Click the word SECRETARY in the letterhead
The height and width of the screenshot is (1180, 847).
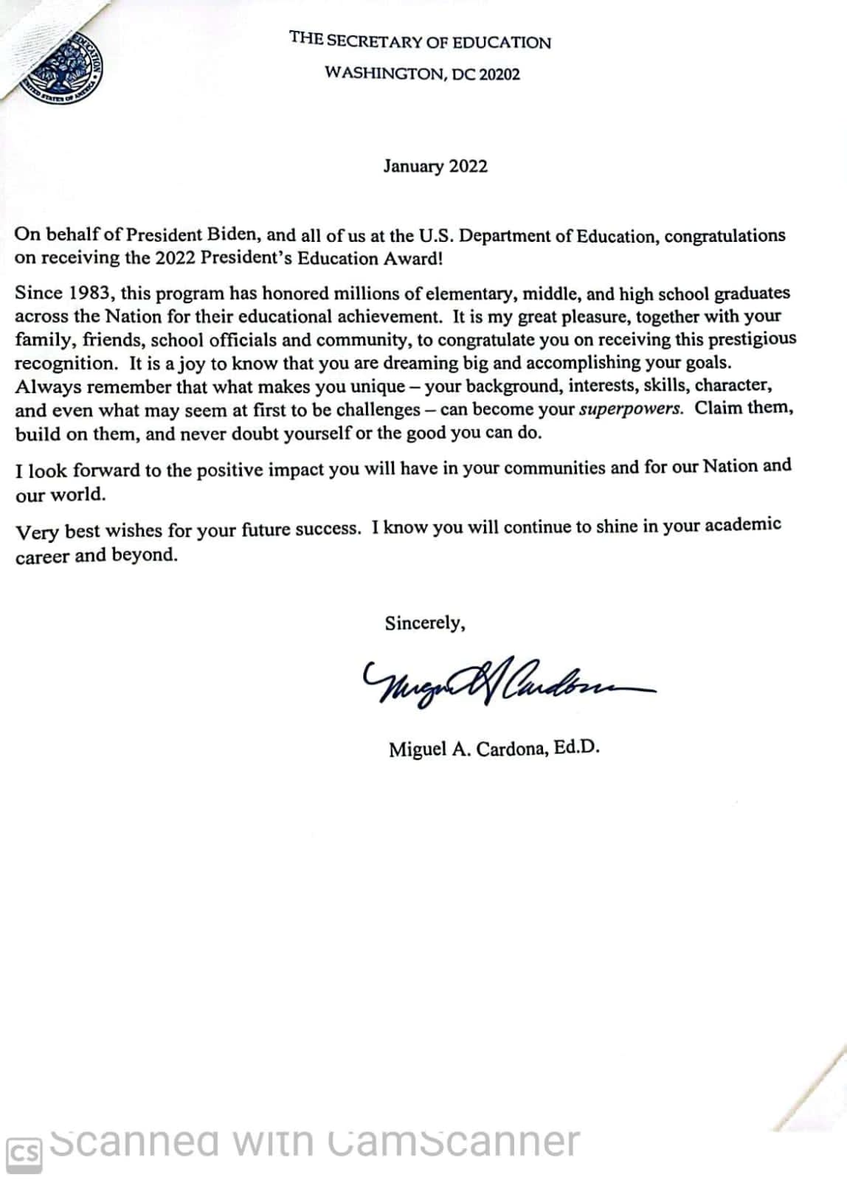pyautogui.click(x=375, y=41)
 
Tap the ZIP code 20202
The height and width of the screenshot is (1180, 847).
pyautogui.click(x=499, y=74)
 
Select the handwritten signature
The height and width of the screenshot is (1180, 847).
pyautogui.click(x=502, y=682)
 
